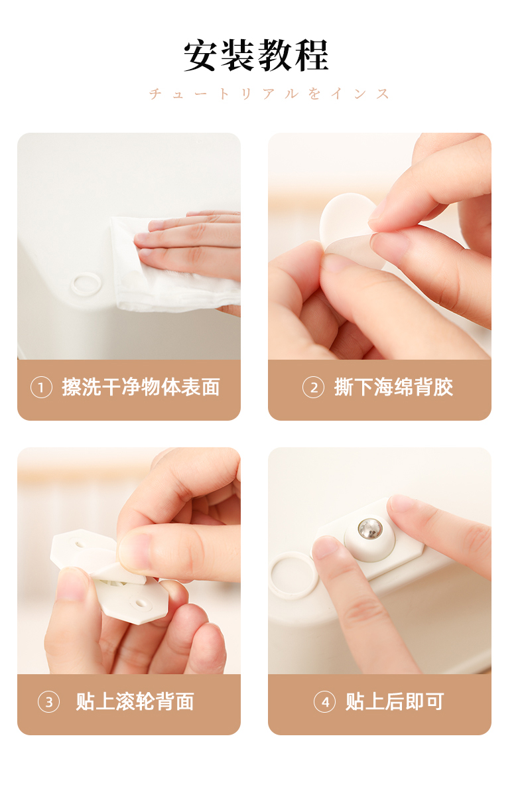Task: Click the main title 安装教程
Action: click(x=256, y=55)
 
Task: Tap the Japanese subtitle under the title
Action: click(x=269, y=94)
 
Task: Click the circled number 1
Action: click(x=41, y=388)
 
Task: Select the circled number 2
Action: click(x=313, y=388)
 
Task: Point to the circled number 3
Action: click(x=49, y=702)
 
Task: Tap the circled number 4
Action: click(x=324, y=702)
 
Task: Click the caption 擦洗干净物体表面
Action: click(x=141, y=388)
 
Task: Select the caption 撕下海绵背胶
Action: click(x=393, y=388)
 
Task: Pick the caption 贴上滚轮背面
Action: click(x=135, y=702)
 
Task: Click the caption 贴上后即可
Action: click(x=395, y=702)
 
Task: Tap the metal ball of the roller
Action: click(x=370, y=529)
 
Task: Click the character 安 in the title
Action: click(x=201, y=55)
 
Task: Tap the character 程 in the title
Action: click(x=312, y=55)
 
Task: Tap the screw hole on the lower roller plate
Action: click(x=139, y=603)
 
